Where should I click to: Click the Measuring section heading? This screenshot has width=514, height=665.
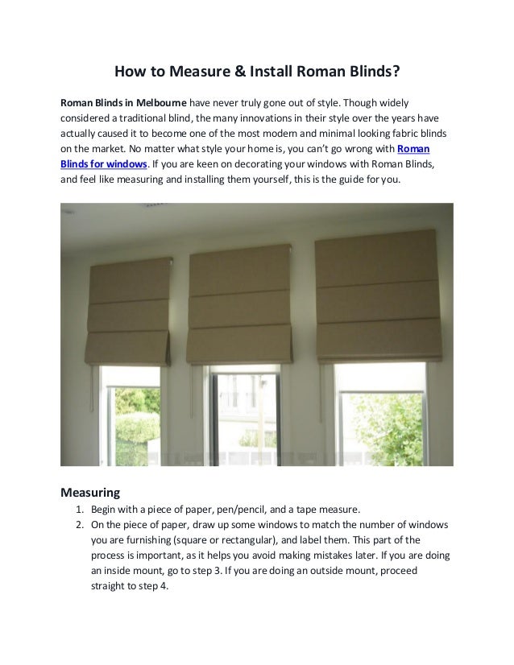(91, 491)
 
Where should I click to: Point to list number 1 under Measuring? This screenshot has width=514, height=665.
(79, 510)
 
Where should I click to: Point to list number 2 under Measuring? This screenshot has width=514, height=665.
(79, 525)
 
